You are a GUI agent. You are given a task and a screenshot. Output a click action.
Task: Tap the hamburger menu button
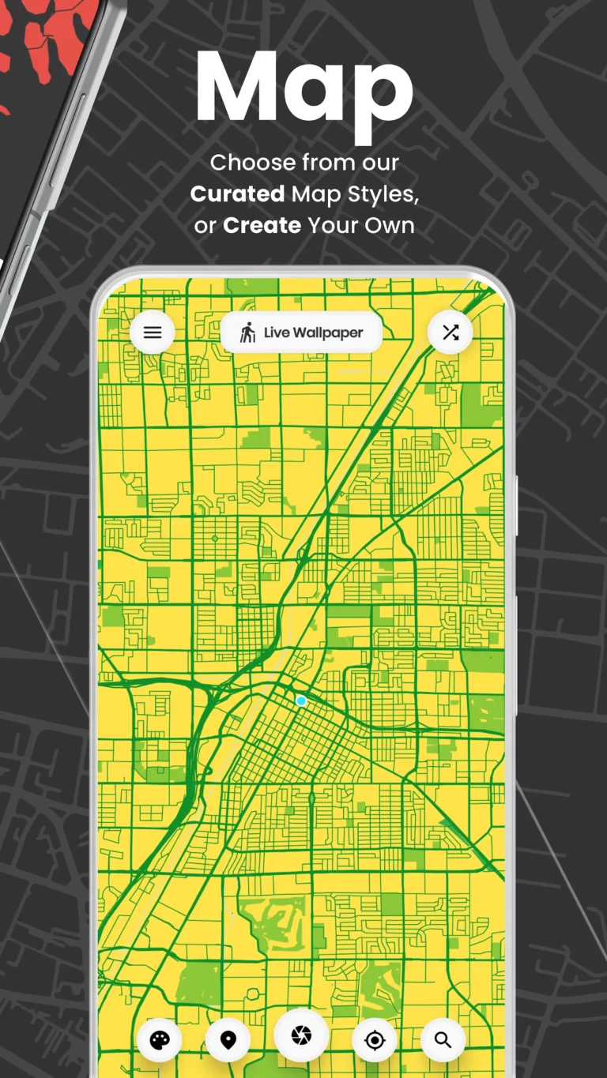point(153,332)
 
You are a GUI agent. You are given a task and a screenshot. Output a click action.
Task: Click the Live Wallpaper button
point(301,332)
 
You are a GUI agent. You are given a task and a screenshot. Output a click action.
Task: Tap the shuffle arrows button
point(451,332)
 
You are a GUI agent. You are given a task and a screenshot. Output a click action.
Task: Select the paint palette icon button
point(160,1040)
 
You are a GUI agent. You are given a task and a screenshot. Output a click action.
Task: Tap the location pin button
point(228,1040)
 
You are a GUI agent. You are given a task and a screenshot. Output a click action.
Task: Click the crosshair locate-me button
point(375,1040)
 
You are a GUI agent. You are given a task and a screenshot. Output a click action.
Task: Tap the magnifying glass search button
point(443,1040)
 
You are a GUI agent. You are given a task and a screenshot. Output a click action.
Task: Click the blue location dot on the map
point(301,701)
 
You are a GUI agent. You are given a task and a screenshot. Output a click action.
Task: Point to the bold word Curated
point(237,193)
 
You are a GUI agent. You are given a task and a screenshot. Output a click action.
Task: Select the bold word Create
point(262,225)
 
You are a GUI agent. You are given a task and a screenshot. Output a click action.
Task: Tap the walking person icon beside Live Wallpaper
point(248,332)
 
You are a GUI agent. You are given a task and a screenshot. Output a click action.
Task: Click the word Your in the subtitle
point(333,225)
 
